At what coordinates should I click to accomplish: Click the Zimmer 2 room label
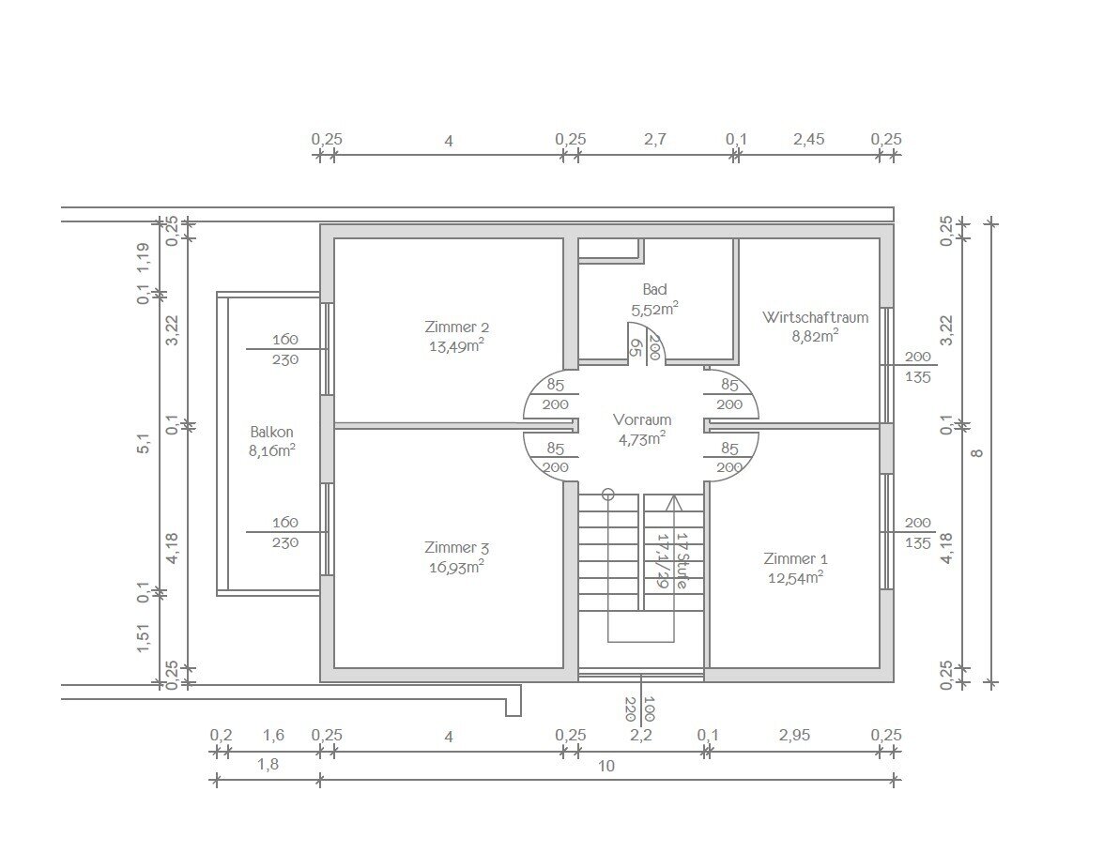pos(457,327)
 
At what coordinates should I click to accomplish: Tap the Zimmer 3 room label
pos(457,548)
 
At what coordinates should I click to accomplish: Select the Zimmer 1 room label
pos(796,558)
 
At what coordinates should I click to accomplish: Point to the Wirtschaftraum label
pos(815,317)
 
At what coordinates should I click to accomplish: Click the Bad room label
pos(654,289)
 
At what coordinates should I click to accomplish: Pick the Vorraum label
pos(641,419)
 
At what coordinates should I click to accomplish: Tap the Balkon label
pos(272,432)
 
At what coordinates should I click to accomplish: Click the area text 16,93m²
pos(457,567)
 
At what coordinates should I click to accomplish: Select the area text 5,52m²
pos(654,309)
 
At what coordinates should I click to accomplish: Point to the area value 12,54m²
pos(796,577)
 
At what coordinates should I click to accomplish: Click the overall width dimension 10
pos(605,766)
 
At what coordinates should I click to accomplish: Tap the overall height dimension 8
pos(977,453)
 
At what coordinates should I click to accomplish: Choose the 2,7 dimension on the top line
pos(654,139)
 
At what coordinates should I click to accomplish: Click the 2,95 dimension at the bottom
pos(795,735)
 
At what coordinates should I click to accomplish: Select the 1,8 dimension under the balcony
pos(268,765)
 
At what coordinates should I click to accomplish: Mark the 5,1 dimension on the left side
pos(145,445)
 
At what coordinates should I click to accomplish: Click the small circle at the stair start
pos(607,493)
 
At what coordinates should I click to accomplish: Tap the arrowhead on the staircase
pos(673,502)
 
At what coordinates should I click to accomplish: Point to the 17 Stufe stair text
pos(682,560)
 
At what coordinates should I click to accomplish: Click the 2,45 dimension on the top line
pos(808,139)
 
